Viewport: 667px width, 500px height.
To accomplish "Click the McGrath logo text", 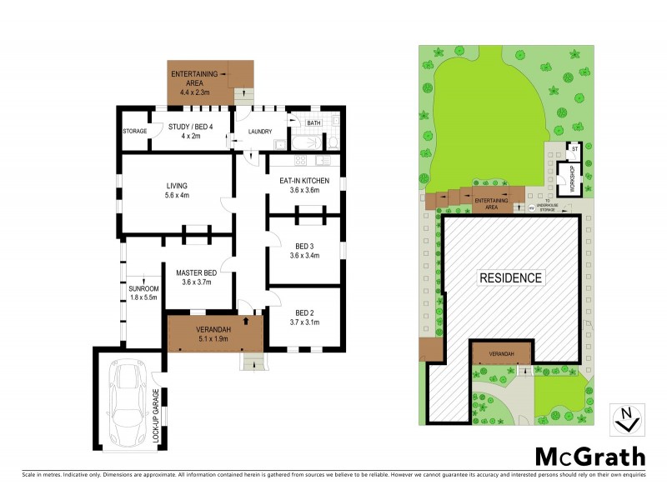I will (589, 456).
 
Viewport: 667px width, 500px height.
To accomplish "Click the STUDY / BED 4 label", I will (189, 127).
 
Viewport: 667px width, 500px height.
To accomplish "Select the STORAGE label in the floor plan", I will (134, 132).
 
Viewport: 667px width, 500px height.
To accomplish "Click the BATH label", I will (313, 123).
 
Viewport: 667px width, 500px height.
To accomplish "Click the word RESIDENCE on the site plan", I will (509, 277).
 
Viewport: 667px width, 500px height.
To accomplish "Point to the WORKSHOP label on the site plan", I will (572, 178).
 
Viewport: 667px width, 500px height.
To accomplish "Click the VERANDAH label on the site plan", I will (501, 353).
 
